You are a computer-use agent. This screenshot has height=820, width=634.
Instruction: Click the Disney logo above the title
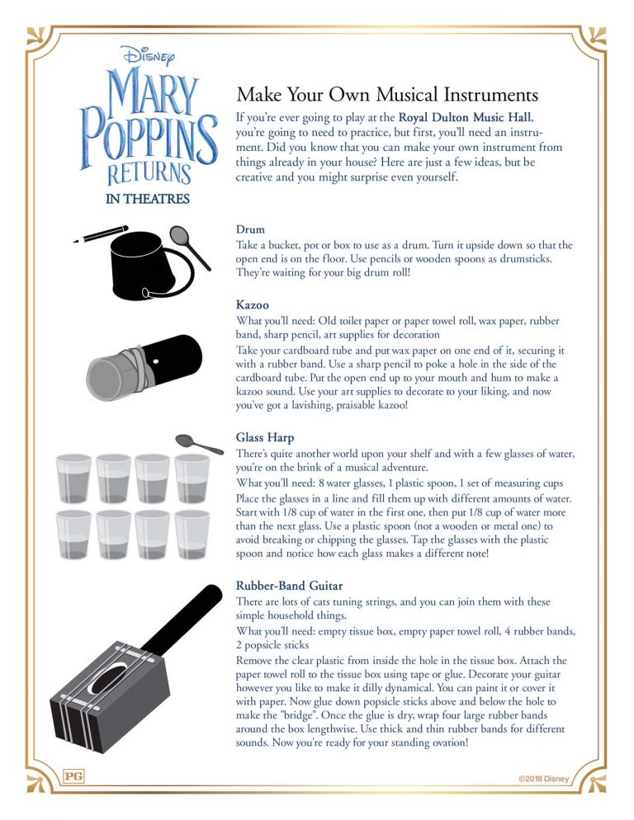149,54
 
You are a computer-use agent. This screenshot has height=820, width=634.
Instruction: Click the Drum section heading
250,230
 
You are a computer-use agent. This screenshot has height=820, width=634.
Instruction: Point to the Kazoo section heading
253,305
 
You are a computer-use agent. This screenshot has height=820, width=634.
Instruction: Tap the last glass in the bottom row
192,536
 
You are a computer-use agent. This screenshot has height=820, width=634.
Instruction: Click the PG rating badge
73,776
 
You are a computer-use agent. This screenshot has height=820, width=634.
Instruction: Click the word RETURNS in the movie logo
149,172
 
